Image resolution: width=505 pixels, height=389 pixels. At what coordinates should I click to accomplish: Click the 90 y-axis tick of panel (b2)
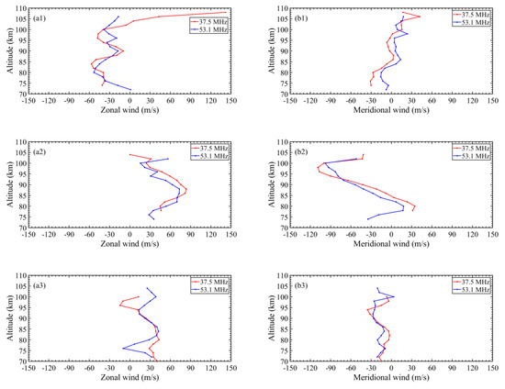[x=283, y=185]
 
